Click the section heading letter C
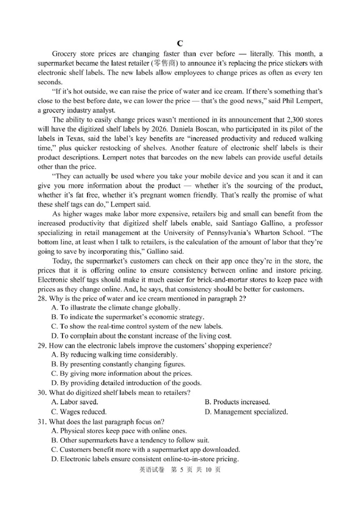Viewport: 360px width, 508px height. (180, 44)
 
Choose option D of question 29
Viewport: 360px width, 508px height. (126, 383)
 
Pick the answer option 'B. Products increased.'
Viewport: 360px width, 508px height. (237, 402)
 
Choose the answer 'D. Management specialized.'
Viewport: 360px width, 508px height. (246, 411)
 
